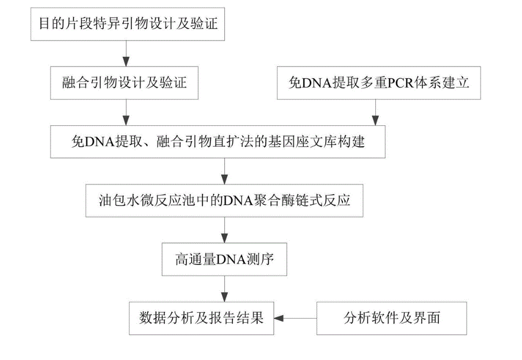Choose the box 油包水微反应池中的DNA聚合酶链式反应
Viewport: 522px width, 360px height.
click(x=225, y=201)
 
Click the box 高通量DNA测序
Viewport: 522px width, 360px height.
click(x=225, y=259)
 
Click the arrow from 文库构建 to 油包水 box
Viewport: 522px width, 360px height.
click(x=225, y=171)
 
